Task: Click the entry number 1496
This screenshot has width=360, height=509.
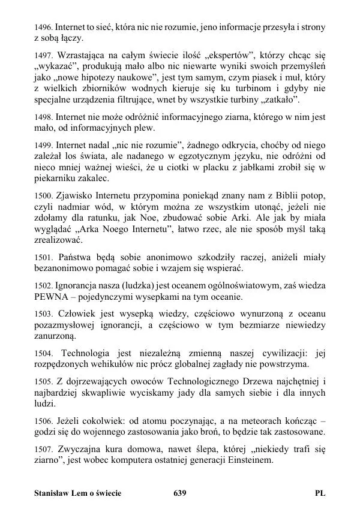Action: coord(44,28)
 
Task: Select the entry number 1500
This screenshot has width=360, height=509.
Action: coord(44,195)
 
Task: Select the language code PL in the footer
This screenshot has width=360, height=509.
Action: coord(320,493)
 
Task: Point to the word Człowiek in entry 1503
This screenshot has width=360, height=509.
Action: coord(77,314)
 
